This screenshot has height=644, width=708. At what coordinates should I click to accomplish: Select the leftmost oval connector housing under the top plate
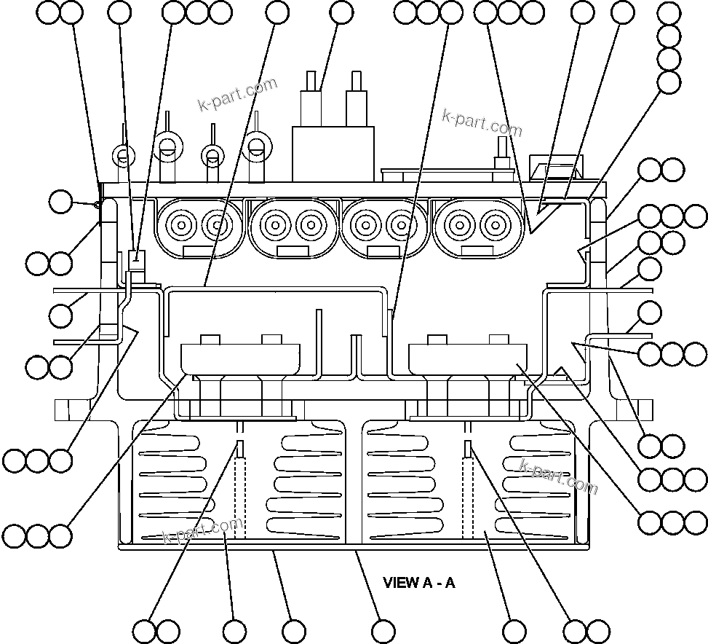point(198,227)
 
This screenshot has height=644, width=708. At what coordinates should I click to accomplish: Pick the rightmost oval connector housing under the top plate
point(477,227)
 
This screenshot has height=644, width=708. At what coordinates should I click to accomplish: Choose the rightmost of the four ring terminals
point(255,146)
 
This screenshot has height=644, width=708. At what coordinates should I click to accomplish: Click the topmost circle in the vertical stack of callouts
point(669,12)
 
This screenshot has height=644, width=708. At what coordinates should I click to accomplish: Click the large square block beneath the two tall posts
point(333,153)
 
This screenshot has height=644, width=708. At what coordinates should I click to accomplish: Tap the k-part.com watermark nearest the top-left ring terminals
point(237,95)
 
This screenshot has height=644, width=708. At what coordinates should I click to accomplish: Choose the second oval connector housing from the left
point(293,227)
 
